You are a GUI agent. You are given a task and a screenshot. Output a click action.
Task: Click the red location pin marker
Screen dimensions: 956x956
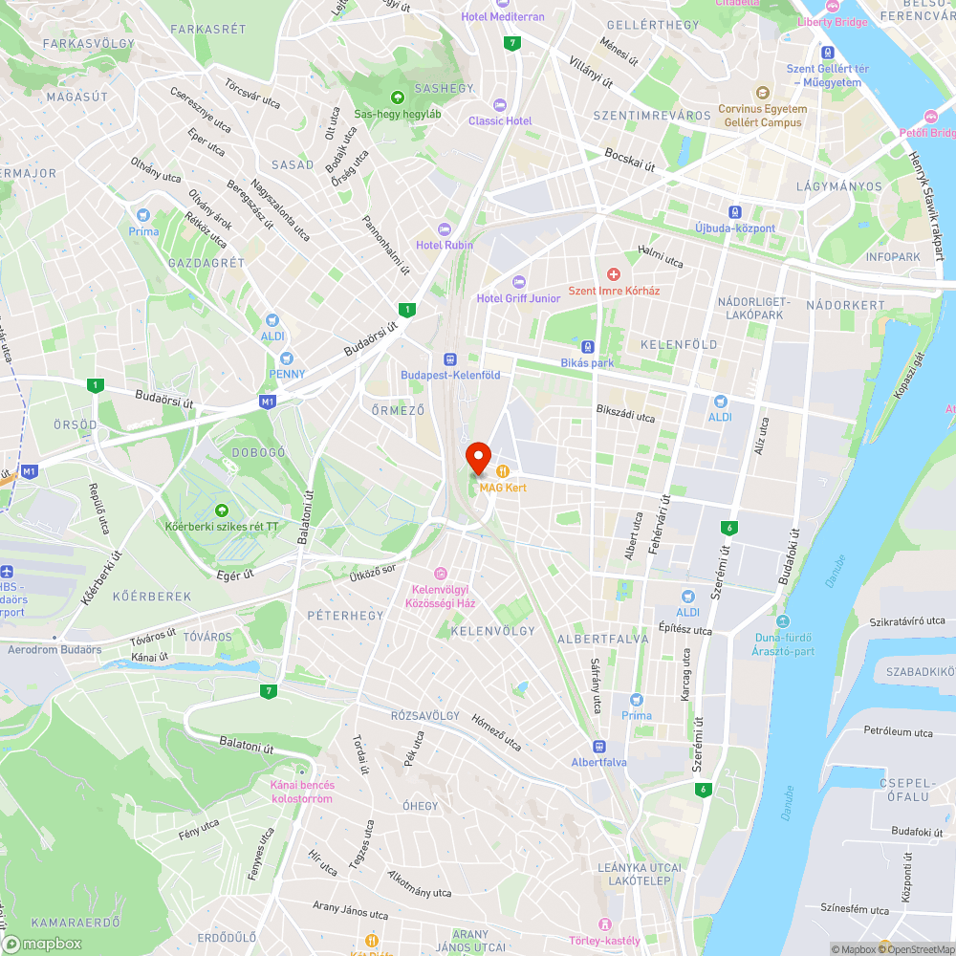pos(478,457)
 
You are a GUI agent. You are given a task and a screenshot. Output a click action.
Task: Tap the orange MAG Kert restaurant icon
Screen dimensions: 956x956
pos(503,470)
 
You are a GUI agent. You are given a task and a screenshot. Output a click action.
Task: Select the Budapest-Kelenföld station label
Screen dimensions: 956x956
pos(450,375)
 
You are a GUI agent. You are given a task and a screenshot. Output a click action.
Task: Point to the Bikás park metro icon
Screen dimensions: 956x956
pos(588,347)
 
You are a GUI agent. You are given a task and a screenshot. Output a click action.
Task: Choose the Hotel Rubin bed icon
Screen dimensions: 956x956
pos(444,228)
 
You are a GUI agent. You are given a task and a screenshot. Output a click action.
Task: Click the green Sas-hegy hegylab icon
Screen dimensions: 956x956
pos(397,97)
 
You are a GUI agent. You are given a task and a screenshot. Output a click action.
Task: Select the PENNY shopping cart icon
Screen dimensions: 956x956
pos(286,358)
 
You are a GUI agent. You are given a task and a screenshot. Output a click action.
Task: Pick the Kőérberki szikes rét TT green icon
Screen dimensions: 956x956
pos(222,511)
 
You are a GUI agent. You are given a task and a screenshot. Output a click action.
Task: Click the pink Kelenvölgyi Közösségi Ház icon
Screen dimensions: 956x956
pos(440,574)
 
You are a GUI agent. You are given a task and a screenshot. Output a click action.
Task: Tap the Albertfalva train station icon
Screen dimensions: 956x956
pos(599,746)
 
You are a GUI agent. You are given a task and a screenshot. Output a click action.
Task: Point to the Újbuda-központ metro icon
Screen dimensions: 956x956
pos(734,212)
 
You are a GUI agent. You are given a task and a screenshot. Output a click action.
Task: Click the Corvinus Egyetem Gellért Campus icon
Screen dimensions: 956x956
pos(763,93)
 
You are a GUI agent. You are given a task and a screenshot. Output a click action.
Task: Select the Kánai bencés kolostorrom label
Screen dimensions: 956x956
pos(302,792)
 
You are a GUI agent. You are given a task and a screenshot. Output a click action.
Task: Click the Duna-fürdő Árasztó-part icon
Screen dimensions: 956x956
pos(783,621)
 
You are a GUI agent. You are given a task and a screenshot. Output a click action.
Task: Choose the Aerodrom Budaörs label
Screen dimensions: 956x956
pos(54,649)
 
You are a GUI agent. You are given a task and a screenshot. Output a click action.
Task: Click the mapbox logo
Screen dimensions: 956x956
pos(43,943)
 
